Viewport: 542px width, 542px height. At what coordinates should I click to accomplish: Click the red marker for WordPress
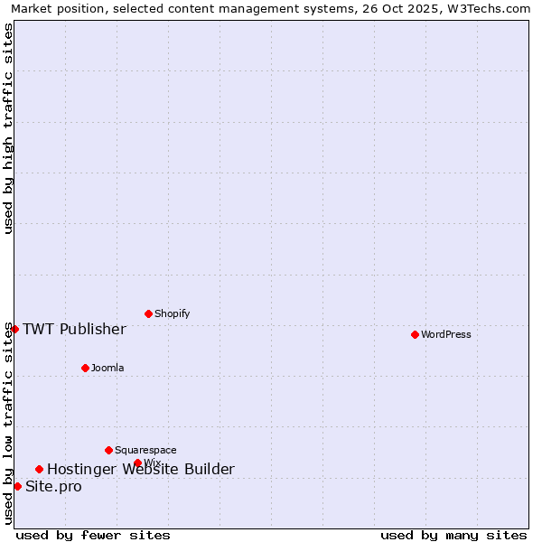pyautogui.click(x=415, y=334)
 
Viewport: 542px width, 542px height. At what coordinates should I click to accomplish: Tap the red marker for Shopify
pyautogui.click(x=148, y=313)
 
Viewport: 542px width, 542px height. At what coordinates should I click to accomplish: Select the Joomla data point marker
pyautogui.click(x=85, y=368)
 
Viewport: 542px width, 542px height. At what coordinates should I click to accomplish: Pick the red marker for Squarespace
pyautogui.click(x=108, y=450)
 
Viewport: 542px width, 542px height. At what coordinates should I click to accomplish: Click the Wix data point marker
pyautogui.click(x=137, y=463)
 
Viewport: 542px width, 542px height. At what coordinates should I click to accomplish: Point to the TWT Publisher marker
pyautogui.click(x=14, y=329)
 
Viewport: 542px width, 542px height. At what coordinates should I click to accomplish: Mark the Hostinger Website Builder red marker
pyautogui.click(x=39, y=469)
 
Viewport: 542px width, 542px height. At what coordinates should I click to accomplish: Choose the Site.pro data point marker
pyautogui.click(x=17, y=486)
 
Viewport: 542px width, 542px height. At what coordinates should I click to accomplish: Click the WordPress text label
pyautogui.click(x=446, y=334)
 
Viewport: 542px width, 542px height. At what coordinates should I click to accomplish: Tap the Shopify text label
pyautogui.click(x=172, y=313)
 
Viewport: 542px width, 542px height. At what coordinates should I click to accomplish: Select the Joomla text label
pyautogui.click(x=107, y=368)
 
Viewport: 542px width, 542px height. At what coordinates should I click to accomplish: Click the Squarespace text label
pyautogui.click(x=145, y=450)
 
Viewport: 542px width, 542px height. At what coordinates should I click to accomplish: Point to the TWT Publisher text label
pyautogui.click(x=74, y=329)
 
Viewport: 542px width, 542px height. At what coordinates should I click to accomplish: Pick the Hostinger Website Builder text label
pyautogui.click(x=141, y=469)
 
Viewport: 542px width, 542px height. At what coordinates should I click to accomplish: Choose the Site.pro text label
pyautogui.click(x=53, y=487)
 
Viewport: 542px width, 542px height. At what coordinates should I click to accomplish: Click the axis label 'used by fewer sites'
pyautogui.click(x=93, y=535)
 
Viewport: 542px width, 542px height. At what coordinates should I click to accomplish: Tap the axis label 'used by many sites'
pyautogui.click(x=453, y=535)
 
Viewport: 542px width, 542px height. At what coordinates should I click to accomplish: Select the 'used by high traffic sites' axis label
pyautogui.click(x=8, y=128)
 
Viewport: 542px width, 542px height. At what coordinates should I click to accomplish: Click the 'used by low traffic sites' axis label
pyautogui.click(x=8, y=423)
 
